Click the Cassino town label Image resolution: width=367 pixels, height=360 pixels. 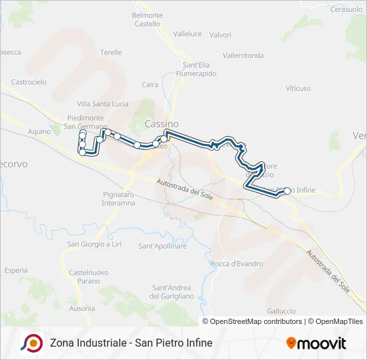(161, 124)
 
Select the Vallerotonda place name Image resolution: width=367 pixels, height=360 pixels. (243, 55)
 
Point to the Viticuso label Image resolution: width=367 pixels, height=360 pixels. (298, 88)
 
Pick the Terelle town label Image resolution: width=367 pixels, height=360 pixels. (111, 52)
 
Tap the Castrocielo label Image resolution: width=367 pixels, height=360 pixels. (29, 82)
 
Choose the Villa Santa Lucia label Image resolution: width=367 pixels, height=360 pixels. (102, 104)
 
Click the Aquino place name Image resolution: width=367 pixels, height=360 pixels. (39, 131)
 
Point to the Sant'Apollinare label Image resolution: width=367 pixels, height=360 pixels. (162, 246)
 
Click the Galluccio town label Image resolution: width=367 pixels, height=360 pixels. (281, 311)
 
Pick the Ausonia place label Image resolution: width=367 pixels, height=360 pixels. (81, 309)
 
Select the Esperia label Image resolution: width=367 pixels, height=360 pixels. (15, 271)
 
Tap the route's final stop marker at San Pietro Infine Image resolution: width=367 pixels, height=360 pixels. (288, 191)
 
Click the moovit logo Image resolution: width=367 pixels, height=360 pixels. (316, 343)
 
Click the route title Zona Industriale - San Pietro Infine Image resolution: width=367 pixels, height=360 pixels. (131, 343)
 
